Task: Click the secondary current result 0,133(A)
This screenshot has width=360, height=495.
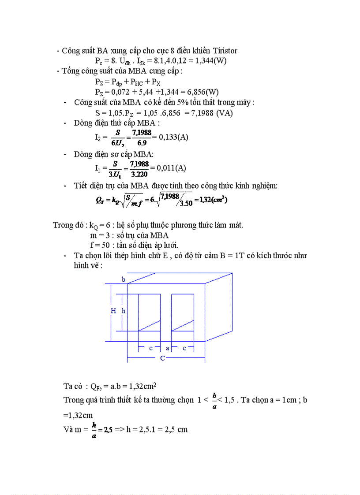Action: tap(173, 137)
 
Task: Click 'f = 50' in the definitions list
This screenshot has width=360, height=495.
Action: tap(100, 245)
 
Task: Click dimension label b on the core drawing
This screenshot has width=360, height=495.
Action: tap(124, 279)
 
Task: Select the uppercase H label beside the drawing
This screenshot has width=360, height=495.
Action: tap(113, 311)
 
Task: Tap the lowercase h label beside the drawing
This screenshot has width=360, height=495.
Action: tap(124, 311)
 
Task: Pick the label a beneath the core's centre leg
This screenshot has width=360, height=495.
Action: tap(168, 348)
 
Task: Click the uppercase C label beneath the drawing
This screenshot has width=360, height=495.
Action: tap(162, 358)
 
